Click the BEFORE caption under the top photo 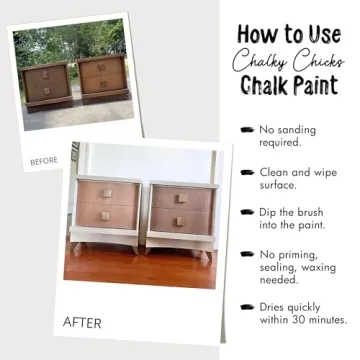point(44,160)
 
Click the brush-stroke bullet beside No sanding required point(246,130)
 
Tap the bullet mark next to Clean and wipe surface point(246,172)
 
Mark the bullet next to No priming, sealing point(246,255)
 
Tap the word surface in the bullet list point(281,185)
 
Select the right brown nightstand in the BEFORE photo point(104,81)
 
